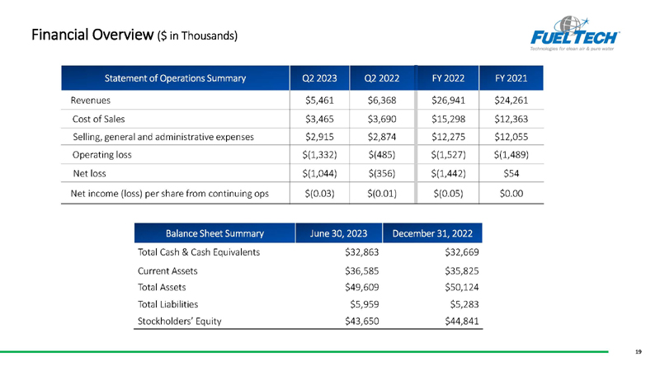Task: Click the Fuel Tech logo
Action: (574, 34)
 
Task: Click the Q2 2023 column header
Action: (319, 78)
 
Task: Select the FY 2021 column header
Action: (511, 78)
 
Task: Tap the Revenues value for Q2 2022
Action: (382, 100)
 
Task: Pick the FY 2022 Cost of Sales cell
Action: (448, 119)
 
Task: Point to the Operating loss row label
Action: (101, 155)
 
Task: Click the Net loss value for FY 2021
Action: (511, 173)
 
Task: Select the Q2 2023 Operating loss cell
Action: (319, 155)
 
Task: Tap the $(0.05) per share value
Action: (448, 194)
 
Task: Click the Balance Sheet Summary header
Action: (214, 233)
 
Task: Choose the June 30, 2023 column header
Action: (338, 233)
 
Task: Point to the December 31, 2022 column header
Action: (432, 233)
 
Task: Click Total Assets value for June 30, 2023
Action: (362, 287)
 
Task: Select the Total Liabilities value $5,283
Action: (464, 304)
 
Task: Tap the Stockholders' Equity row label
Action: (179, 322)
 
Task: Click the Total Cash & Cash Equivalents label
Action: (199, 252)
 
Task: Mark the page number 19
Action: (639, 352)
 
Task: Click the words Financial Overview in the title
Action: (92, 35)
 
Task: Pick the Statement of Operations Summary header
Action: (175, 78)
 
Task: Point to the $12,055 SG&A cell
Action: (511, 137)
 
